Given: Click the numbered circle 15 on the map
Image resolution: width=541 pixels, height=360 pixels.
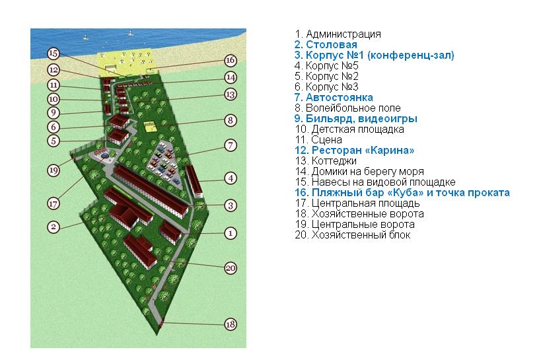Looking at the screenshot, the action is [53, 54].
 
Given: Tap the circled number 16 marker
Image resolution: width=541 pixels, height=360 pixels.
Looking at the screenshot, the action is [231, 60].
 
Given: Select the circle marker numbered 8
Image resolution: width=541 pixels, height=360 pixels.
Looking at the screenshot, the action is [231, 120].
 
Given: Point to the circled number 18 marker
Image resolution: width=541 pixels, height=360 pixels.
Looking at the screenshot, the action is [231, 324].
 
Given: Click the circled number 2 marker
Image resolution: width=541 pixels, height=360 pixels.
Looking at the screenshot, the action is [53, 227].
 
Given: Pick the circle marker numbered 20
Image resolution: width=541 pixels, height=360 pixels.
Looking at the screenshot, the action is [231, 268].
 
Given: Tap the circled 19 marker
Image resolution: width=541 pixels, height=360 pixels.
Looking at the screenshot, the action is [53, 170].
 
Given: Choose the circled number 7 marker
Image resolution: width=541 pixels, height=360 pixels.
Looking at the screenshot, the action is [231, 145].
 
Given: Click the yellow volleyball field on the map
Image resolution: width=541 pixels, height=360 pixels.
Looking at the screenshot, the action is [150, 126].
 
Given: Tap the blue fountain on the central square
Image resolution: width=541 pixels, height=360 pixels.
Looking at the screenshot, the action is [105, 156].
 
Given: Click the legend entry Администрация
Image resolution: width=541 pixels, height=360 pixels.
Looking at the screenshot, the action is [343, 34].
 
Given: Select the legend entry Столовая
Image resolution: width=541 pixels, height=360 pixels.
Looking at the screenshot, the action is [331, 44].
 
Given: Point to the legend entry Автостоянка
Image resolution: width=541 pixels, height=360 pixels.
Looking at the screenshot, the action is [339, 97].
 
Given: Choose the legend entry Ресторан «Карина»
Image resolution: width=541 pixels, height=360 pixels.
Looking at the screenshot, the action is [363, 151].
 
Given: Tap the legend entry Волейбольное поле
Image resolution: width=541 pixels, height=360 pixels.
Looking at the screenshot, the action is [353, 108].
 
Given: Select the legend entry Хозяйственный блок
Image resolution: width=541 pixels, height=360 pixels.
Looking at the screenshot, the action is [361, 235].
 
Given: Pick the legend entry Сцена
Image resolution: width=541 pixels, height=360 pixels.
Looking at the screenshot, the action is [326, 140].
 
